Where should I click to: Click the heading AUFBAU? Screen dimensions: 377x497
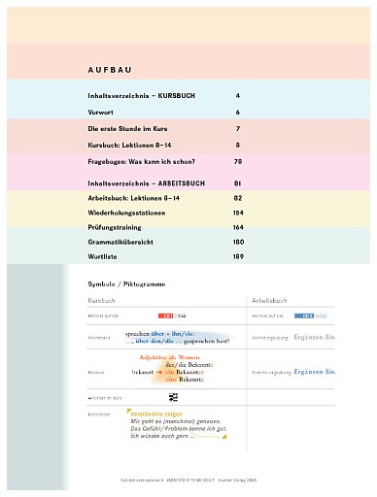point(109,70)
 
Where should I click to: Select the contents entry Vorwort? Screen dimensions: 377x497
point(102,113)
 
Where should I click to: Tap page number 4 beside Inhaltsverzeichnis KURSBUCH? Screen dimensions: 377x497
point(237,97)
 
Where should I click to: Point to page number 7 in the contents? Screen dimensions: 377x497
point(237,128)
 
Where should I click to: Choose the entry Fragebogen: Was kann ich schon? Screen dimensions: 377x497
point(143,161)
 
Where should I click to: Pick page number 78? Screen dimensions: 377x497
point(237,161)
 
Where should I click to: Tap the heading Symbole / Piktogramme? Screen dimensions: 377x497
point(129,286)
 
